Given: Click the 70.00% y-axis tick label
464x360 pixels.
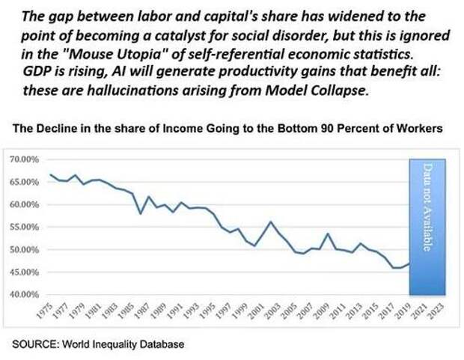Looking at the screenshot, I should click(24, 159).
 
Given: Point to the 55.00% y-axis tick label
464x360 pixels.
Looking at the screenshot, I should click(24, 227).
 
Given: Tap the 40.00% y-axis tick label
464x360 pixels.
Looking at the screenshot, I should click(24, 294).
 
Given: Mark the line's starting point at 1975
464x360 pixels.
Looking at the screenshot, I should click(50, 174).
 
